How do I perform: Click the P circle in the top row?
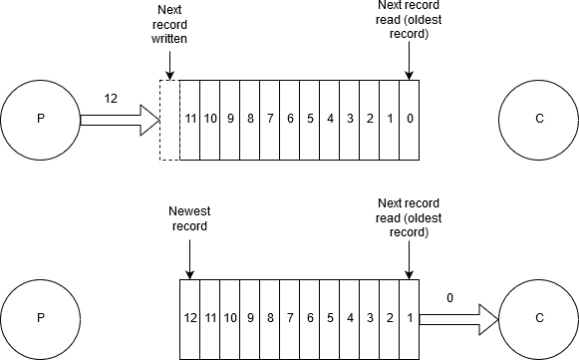41,120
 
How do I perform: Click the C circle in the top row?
539,120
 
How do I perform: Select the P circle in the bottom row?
41,319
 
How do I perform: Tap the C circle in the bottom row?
539,319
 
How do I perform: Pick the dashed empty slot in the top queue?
169,120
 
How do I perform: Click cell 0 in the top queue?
410,120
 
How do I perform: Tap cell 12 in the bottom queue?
190,319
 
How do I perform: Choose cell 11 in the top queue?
190,120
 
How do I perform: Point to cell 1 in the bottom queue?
410,319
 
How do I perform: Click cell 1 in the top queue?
390,120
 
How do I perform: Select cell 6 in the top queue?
290,120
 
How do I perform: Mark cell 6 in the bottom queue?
310,319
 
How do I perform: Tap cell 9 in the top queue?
230,120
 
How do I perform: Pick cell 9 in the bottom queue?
250,319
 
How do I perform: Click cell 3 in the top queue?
350,120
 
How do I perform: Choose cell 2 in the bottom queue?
390,319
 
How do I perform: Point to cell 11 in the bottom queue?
210,319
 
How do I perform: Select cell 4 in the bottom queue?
350,319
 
